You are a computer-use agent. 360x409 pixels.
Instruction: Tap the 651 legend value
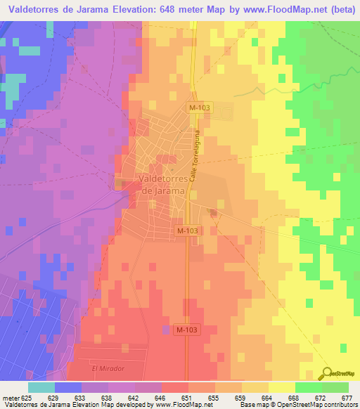(x=187, y=397)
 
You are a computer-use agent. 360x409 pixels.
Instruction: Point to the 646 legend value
(x=160, y=397)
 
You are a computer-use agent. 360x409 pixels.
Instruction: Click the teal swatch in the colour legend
(x=41, y=387)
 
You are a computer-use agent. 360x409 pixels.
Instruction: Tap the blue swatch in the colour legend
(x=67, y=387)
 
